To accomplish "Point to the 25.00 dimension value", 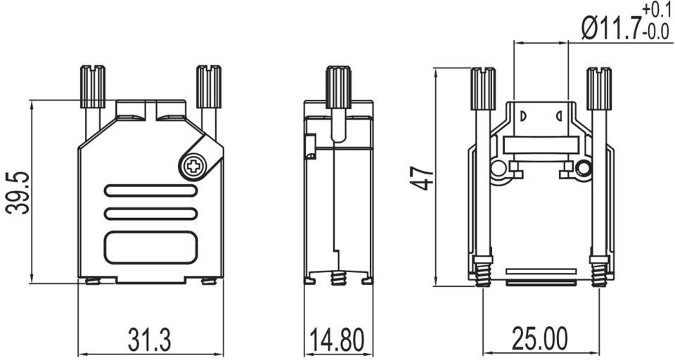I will click(539, 340).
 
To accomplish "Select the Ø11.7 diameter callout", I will click(608, 29).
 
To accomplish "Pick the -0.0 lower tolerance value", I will click(655, 32).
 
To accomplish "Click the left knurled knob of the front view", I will click(92, 86).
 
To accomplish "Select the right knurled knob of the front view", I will click(208, 86).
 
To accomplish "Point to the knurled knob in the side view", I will click(338, 86).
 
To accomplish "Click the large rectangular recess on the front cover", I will click(150, 247).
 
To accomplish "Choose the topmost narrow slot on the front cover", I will click(150, 191).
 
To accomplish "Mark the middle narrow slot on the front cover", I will click(150, 214).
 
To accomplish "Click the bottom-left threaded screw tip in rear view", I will click(482, 272).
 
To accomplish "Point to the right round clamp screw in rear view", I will click(583, 169).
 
